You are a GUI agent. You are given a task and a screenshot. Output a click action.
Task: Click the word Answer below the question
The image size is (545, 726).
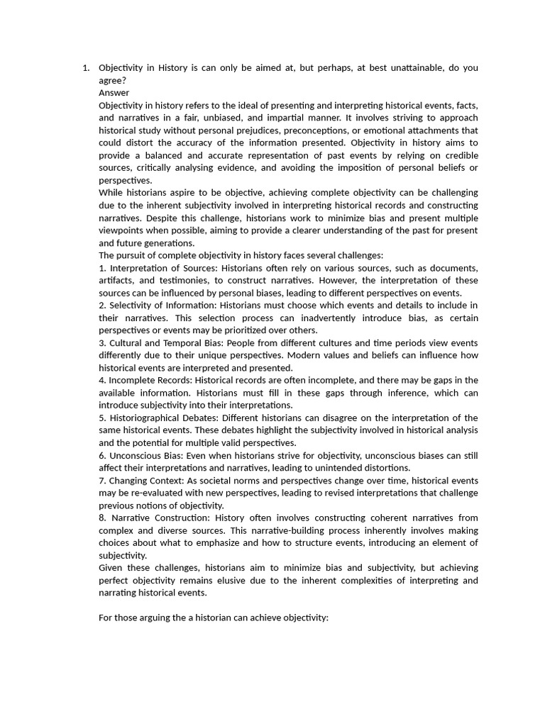114,92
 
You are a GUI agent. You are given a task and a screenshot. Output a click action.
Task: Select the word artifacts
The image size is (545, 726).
116,281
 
